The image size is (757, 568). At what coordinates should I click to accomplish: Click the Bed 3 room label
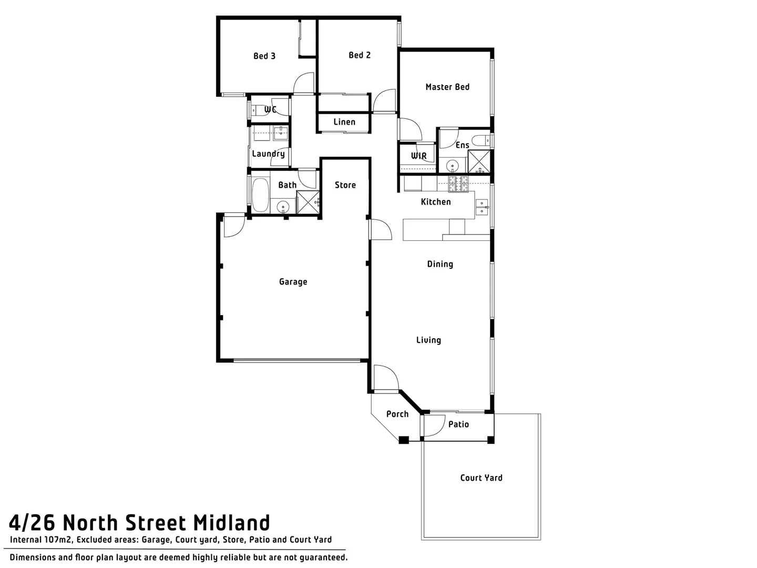[264, 56]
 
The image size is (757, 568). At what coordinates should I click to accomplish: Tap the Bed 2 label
[360, 55]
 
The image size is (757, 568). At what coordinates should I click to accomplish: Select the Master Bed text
[447, 87]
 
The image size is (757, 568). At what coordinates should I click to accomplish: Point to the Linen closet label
[344, 122]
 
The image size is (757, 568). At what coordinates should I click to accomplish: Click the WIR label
[419, 156]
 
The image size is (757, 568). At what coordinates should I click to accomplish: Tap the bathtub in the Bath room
[260, 196]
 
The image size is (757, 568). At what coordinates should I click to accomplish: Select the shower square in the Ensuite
[479, 161]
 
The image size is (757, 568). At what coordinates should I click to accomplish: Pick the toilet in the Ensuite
[480, 140]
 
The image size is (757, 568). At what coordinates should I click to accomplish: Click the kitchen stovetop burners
[457, 184]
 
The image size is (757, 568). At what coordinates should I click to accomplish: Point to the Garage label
[293, 282]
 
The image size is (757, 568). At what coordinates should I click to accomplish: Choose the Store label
[345, 185]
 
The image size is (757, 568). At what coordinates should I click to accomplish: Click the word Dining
[440, 265]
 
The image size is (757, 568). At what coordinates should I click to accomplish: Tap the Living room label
[428, 340]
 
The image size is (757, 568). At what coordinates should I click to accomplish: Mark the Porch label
[397, 414]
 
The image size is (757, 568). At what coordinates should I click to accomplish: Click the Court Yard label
[481, 478]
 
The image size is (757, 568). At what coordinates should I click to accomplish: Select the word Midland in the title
[232, 523]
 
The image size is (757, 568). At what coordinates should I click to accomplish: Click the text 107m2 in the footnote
[58, 540]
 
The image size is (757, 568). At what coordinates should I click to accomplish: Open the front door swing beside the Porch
[385, 378]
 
